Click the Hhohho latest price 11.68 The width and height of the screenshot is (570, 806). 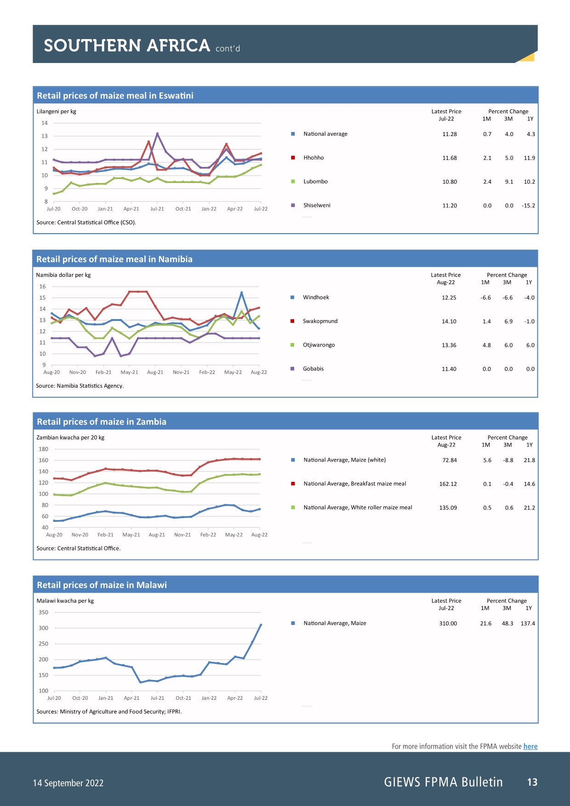(x=450, y=158)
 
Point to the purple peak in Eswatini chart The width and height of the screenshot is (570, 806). (x=157, y=133)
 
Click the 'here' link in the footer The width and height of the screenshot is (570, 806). (x=530, y=746)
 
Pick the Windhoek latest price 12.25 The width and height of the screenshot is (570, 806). (x=449, y=298)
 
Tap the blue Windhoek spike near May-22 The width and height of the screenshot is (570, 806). (x=241, y=292)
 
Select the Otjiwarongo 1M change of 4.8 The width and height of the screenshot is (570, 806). (x=487, y=345)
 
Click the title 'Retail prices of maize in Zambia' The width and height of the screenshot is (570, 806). (x=102, y=422)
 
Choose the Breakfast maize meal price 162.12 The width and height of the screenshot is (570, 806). (x=448, y=484)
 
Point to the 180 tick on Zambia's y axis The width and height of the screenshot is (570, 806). (x=43, y=449)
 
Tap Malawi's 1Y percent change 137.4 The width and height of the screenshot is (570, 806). (x=528, y=623)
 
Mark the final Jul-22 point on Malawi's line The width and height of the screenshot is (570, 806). (x=261, y=625)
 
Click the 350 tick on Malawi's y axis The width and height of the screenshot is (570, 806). (x=43, y=612)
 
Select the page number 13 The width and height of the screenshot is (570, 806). (x=532, y=782)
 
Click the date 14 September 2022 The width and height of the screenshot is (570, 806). (x=68, y=783)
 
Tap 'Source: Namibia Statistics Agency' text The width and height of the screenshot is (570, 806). (x=80, y=386)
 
